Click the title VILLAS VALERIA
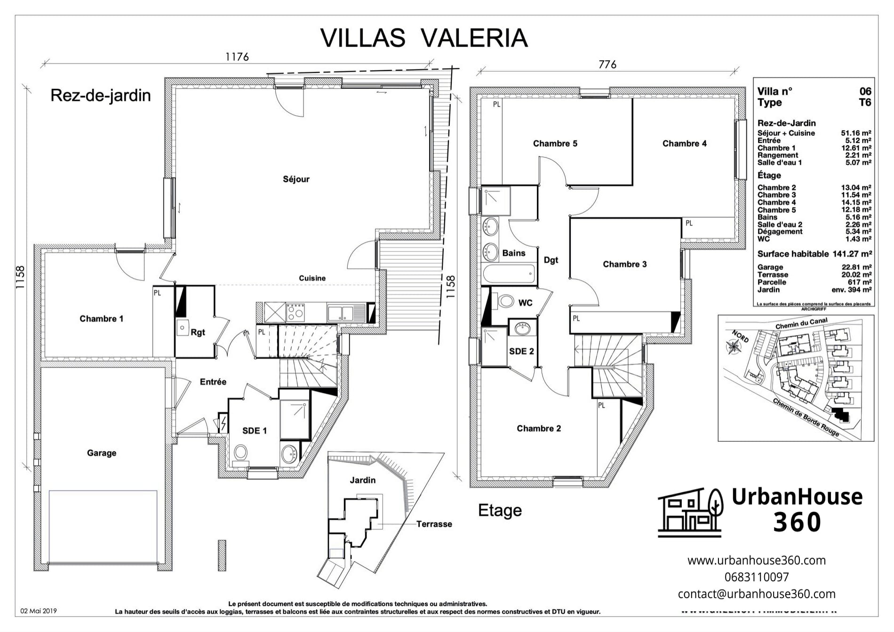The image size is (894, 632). tap(424, 38)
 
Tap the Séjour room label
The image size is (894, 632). tap(296, 179)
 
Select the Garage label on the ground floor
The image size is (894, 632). tap(101, 453)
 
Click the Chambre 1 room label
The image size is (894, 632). tap(101, 319)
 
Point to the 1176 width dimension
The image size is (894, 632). tap(237, 57)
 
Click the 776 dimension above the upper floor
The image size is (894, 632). tap(607, 64)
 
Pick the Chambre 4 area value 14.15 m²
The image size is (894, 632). tap(856, 202)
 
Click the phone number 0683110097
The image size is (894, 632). tap(757, 577)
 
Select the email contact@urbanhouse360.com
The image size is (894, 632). tap(757, 594)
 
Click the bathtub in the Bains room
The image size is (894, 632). tap(509, 273)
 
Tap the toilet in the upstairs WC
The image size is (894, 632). tap(506, 301)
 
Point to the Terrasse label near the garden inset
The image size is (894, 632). tap(434, 524)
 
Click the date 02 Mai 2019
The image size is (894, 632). tap(39, 611)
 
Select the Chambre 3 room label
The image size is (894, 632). tap(624, 264)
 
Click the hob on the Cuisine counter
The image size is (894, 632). tap(295, 312)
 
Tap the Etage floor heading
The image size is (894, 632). tap(500, 510)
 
